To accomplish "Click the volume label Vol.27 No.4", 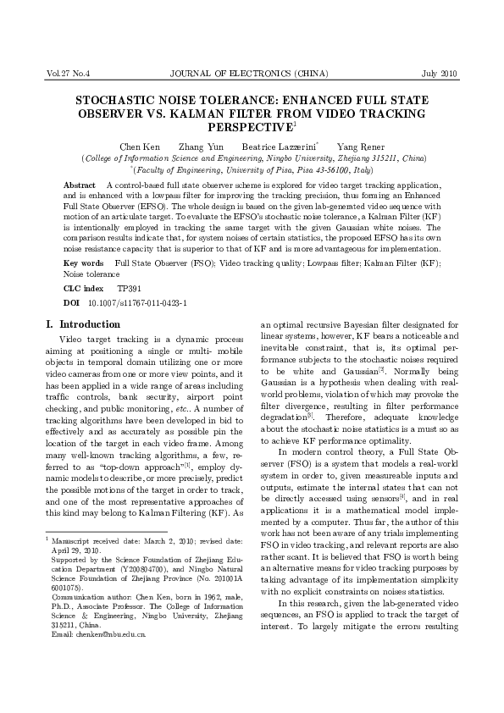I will click(69, 74).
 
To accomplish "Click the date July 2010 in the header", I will click(439, 74).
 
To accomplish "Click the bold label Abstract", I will click(80, 185).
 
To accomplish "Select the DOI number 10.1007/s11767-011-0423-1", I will click(137, 302).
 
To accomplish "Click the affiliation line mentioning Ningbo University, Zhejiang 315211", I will click(252, 158).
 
